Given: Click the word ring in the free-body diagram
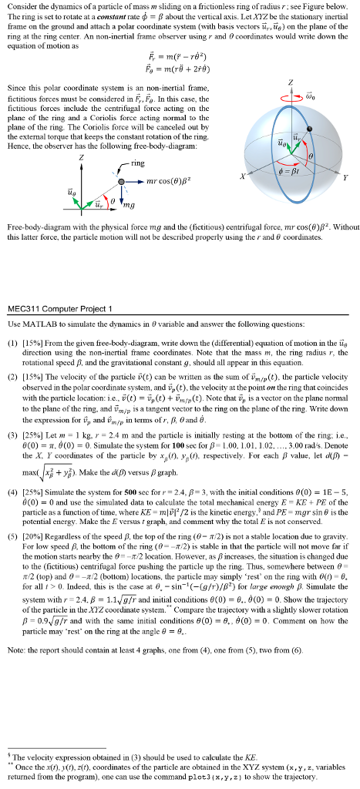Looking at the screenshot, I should pyautogui.click(x=138, y=163).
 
